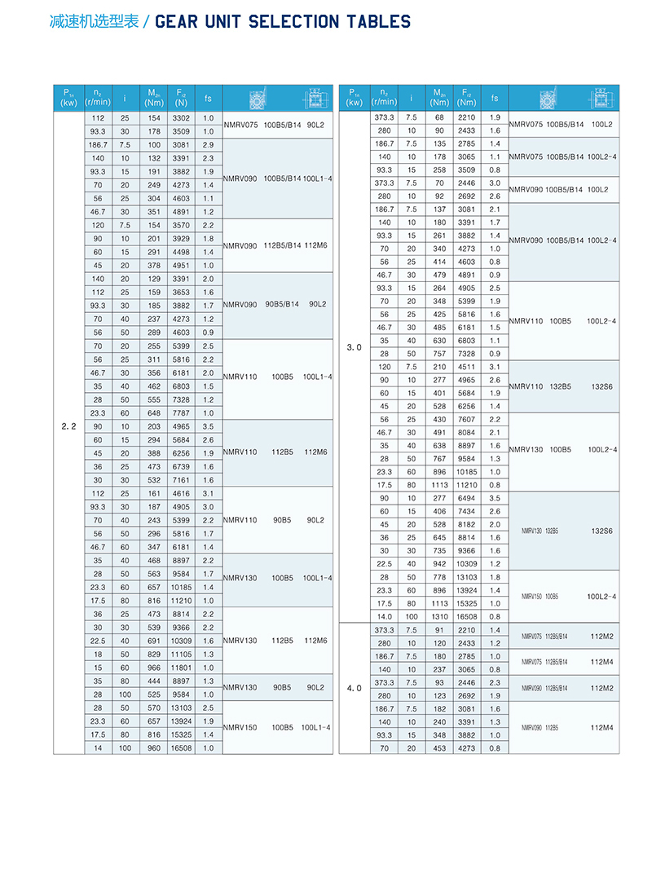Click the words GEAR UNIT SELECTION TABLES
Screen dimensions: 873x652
(282, 22)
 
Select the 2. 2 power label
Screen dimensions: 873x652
(68, 426)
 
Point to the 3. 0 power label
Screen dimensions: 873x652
(354, 347)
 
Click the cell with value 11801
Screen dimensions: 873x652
(181, 667)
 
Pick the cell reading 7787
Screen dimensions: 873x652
(181, 413)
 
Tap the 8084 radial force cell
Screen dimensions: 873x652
(466, 432)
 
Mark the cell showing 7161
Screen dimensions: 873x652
(181, 480)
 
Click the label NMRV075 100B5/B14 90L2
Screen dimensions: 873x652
(277, 125)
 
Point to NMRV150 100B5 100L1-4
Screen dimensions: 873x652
(277, 727)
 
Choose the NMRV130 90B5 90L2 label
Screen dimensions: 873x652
(277, 687)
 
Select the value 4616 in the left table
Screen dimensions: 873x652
(181, 493)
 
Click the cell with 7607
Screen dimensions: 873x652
(466, 419)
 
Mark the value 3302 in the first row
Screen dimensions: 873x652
(181, 117)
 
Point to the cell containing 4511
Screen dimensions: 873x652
(466, 367)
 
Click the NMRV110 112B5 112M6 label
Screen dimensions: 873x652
(277, 452)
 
